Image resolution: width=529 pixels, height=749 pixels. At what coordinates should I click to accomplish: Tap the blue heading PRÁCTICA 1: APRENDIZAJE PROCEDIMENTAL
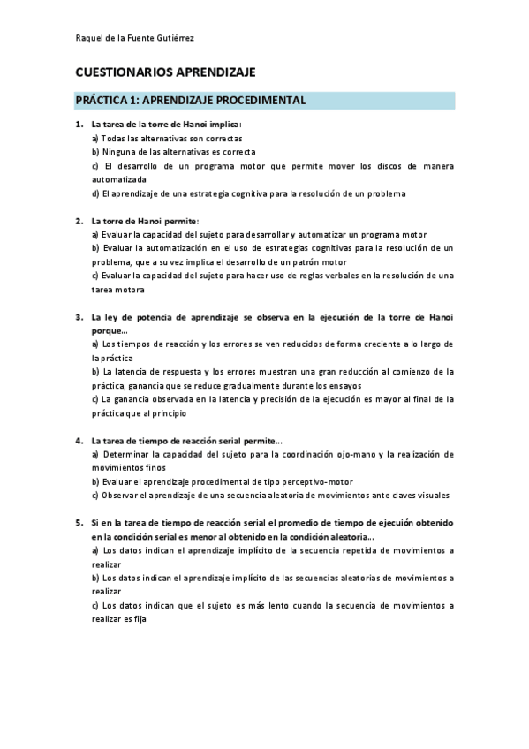190,101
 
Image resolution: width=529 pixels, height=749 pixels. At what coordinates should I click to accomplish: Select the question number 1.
79,125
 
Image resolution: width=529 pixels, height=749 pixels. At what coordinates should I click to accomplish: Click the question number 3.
79,316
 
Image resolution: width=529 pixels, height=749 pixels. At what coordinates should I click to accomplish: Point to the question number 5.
79,523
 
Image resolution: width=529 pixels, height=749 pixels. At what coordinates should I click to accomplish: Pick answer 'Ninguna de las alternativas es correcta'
173,151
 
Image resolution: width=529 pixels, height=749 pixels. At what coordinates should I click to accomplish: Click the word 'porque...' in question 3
110,330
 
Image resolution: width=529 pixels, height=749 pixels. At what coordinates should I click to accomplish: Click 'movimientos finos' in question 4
129,468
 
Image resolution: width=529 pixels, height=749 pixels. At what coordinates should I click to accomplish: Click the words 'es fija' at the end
131,619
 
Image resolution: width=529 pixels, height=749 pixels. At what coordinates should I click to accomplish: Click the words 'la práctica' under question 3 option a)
112,358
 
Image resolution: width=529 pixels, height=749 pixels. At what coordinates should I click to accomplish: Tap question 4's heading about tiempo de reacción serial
186,440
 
